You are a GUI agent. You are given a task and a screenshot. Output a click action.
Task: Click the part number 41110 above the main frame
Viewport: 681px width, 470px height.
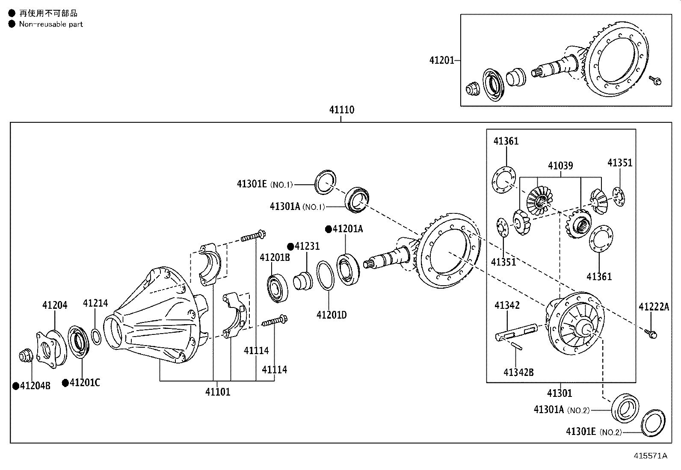342,109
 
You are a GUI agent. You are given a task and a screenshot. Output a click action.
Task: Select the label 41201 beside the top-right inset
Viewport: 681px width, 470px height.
441,60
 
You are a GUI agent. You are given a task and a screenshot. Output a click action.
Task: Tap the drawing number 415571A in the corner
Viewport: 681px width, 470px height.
650,456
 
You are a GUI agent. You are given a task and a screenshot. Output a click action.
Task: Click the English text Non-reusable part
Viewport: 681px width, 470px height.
51,24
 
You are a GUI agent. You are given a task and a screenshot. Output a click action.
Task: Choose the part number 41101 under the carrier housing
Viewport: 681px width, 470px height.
218,392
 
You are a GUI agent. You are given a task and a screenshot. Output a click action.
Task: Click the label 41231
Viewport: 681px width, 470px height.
307,246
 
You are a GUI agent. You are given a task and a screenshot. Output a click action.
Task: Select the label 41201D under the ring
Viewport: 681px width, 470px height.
332,315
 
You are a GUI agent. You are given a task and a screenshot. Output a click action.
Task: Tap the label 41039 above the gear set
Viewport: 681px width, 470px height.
560,166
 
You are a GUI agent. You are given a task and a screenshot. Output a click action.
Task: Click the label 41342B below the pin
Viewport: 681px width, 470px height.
518,372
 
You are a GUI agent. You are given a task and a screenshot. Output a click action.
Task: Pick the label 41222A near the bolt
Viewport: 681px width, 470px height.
654,307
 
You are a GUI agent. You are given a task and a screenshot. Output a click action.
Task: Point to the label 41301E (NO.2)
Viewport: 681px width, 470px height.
594,432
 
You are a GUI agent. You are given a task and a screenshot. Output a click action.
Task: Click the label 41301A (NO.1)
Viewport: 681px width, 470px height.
297,207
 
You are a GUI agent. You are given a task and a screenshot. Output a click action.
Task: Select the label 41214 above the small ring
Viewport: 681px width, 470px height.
95,303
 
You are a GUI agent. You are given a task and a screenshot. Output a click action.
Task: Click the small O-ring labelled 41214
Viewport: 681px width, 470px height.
96,337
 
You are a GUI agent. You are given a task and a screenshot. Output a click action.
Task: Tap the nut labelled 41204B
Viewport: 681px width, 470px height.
26,356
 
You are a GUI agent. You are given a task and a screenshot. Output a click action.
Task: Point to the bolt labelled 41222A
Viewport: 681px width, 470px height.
651,334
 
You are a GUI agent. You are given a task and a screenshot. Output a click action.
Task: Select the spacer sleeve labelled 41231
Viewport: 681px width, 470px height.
303,281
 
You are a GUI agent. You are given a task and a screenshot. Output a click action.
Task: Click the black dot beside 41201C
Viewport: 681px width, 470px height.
65,383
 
